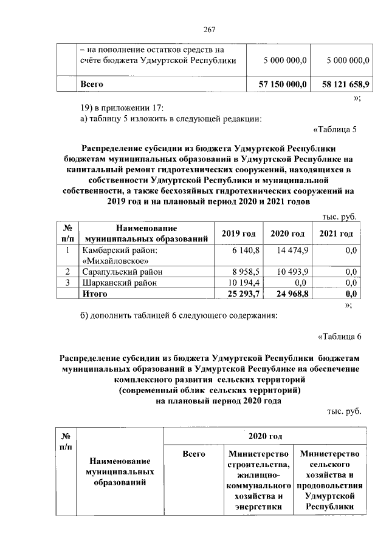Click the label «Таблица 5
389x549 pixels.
tap(337, 129)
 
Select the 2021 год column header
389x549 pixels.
tap(336, 234)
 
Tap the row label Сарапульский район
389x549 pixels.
tap(122, 271)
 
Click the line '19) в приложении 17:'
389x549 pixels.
tap(122, 107)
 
